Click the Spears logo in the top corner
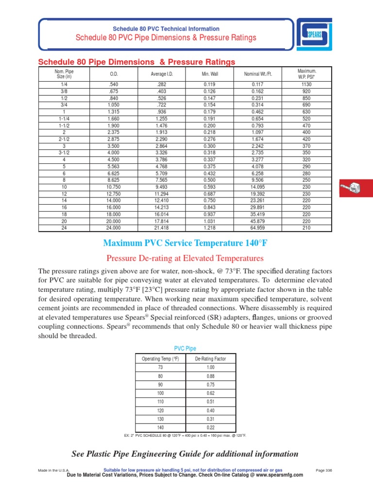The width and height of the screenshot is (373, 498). [x=315, y=35]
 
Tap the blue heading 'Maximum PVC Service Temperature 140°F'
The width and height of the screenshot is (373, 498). [x=186, y=243]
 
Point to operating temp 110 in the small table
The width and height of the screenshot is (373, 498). [x=161, y=401]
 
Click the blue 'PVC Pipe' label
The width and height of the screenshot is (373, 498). [x=185, y=348]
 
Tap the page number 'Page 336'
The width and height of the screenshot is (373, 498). [x=324, y=470]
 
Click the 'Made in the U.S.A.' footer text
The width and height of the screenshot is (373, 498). [x=54, y=470]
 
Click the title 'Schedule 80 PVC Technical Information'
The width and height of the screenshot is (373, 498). [x=166, y=29]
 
